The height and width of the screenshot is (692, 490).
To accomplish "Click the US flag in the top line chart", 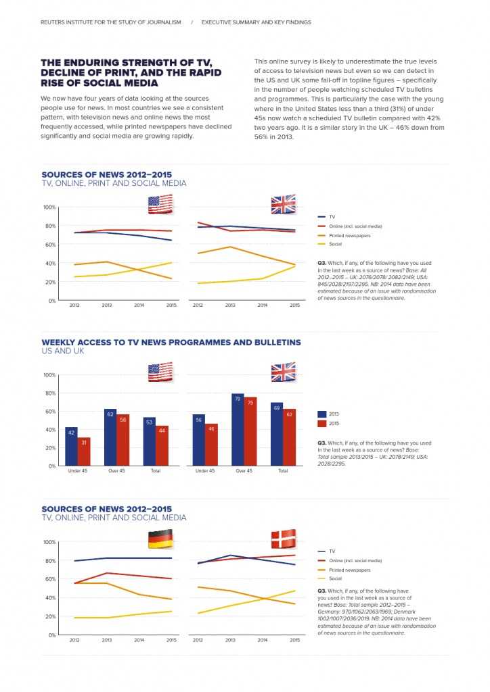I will tap(160, 204).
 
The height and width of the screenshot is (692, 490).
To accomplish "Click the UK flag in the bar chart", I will tap(283, 372).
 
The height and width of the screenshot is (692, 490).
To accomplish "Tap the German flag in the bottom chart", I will tap(160, 540).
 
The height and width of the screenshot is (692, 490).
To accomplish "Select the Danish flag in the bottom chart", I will tap(283, 539).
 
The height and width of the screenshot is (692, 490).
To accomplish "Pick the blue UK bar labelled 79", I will tap(238, 429).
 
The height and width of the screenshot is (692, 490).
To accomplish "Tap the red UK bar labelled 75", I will tap(250, 431).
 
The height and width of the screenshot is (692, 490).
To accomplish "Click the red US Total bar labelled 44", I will tap(162, 445).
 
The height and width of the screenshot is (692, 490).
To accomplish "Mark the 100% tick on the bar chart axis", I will tap(49, 374).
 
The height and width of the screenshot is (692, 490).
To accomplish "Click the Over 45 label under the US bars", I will tap(116, 470).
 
